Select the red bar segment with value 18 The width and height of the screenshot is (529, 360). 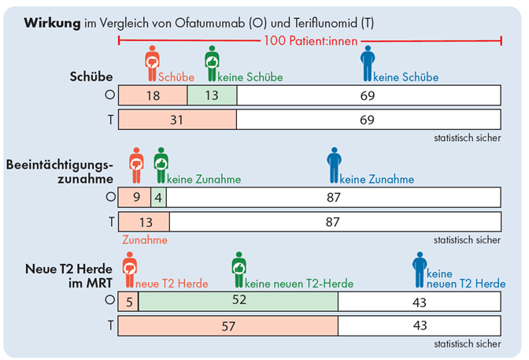(153, 95)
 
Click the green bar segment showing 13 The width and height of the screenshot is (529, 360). (212, 95)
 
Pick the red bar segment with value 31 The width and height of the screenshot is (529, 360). (177, 120)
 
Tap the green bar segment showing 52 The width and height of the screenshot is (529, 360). (239, 300)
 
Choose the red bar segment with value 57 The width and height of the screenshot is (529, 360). (228, 325)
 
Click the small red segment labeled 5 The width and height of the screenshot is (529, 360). (128, 300)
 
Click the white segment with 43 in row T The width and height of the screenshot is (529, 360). (420, 325)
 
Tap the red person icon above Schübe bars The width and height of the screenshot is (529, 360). (152, 63)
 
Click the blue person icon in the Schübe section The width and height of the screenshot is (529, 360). (368, 63)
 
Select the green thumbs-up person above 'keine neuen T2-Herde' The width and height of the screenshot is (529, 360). (239, 269)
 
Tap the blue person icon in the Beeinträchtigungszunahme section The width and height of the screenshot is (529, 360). (334, 165)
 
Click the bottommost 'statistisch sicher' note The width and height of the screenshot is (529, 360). (467, 343)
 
